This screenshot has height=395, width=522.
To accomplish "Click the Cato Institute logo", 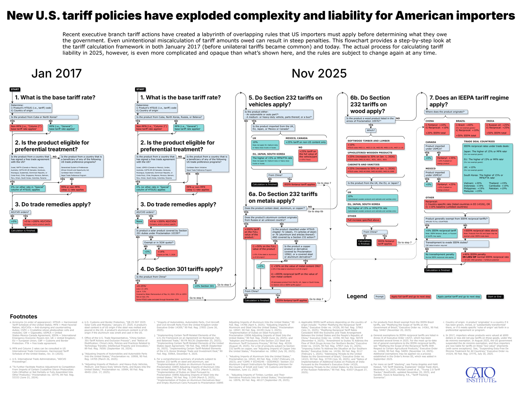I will tap(481, 375).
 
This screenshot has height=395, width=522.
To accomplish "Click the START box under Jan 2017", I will tap(15, 89).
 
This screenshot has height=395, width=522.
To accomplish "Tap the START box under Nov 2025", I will tap(140, 89).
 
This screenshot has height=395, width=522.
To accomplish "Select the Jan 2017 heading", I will tap(56, 74).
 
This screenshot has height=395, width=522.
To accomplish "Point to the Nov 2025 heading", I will tap(319, 74).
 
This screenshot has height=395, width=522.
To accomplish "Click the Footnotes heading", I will tap(23, 316).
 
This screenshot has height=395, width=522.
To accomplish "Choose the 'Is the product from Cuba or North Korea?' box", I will tap(44, 117).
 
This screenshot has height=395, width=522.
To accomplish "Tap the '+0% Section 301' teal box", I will tap(205, 286).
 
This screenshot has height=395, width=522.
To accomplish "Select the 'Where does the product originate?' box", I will tap(446, 112).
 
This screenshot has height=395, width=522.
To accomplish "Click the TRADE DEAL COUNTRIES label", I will tap(479, 142).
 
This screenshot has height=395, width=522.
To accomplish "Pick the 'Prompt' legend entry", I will tap(379, 296).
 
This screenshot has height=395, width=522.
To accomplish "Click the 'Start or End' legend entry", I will tap(495, 296).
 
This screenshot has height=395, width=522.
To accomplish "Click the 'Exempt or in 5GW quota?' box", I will tap(159, 242).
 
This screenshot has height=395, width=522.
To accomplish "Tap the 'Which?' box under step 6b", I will tap(371, 130).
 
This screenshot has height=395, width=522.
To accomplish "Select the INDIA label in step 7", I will tap(490, 121).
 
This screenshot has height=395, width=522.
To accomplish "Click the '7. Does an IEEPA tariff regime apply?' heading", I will tap(469, 101).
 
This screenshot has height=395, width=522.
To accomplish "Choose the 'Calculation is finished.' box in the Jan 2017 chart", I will tap(23, 231).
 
